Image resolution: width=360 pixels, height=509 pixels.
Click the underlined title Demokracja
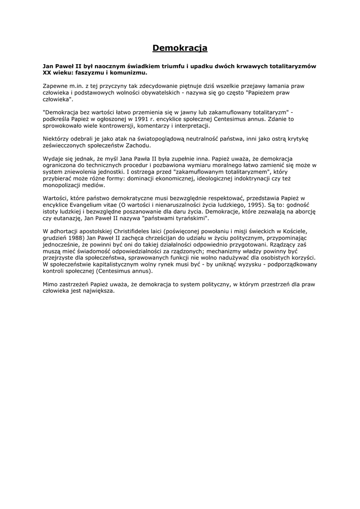(x=180, y=48)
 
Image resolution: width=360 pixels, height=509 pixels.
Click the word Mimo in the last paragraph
(x=51, y=284)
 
